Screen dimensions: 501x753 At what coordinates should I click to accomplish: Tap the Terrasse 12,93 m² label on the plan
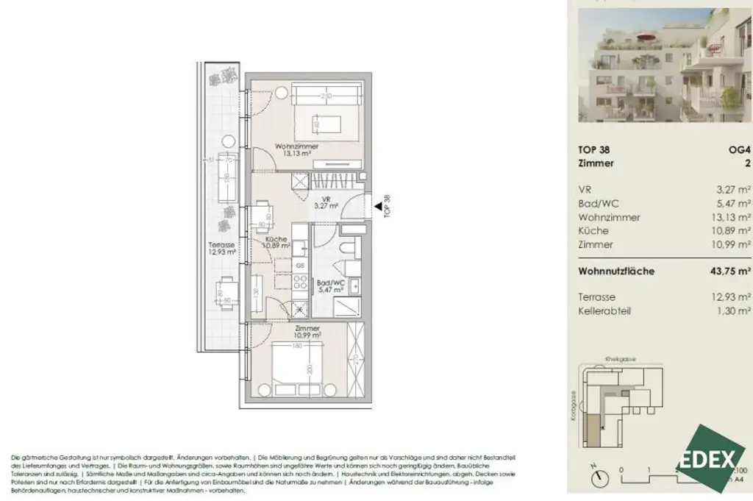[222, 249]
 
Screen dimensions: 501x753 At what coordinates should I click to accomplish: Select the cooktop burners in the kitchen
[300, 280]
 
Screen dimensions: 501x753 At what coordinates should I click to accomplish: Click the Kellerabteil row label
[604, 311]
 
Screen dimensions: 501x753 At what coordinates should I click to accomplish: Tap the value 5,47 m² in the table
[734, 204]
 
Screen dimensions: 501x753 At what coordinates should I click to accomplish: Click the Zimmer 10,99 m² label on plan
[307, 331]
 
